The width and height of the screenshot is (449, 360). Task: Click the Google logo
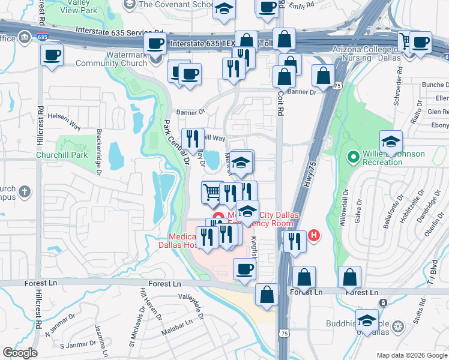click(20, 353)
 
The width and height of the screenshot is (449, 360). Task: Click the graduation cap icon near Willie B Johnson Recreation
click(391, 142)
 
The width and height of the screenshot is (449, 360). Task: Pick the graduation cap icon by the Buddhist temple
click(367, 320)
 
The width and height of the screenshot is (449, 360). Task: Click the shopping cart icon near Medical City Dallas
click(212, 193)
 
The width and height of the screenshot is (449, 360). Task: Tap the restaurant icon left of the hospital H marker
click(294, 241)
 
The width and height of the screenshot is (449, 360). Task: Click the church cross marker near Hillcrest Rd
click(23, 192)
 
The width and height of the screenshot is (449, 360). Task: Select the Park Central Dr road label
click(175, 142)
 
